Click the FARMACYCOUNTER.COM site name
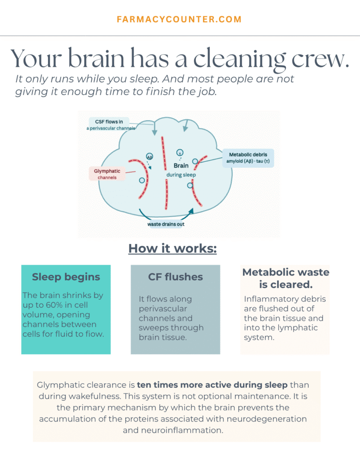click(179, 19)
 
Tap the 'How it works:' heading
click(173, 249)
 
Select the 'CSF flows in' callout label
click(109, 122)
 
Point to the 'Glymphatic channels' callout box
click(107, 174)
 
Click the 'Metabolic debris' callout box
click(248, 158)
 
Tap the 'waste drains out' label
click(166, 224)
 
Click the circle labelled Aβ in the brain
click(149, 156)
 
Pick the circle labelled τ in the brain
click(180, 152)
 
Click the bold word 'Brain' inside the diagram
click(181, 166)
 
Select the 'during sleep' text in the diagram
click(181, 175)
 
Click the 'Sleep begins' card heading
click(66, 277)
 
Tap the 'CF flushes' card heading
click(175, 277)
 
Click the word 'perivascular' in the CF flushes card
click(163, 309)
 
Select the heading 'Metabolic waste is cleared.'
click(286, 278)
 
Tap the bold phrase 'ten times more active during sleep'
click(212, 385)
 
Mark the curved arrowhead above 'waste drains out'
click(191, 211)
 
